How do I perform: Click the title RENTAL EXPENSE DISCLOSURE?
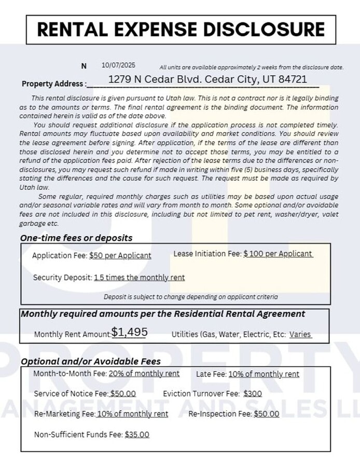181,29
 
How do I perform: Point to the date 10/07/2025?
118,65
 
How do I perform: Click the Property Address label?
53,84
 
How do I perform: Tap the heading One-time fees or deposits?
76,238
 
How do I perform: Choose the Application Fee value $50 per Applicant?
120,255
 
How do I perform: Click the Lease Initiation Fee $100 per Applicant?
278,254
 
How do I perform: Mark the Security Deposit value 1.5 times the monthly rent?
139,278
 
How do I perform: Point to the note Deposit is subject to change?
190,297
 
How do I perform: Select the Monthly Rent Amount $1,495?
129,332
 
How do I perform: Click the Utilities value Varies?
300,334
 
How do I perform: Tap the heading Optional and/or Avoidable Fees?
91,361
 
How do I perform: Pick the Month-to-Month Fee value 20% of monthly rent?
144,374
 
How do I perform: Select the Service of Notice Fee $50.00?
123,393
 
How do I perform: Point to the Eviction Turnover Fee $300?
252,393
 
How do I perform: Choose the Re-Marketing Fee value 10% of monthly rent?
132,414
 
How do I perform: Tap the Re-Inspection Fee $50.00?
266,414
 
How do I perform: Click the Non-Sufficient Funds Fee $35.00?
137,434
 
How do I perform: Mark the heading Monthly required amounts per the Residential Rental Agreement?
163,314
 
